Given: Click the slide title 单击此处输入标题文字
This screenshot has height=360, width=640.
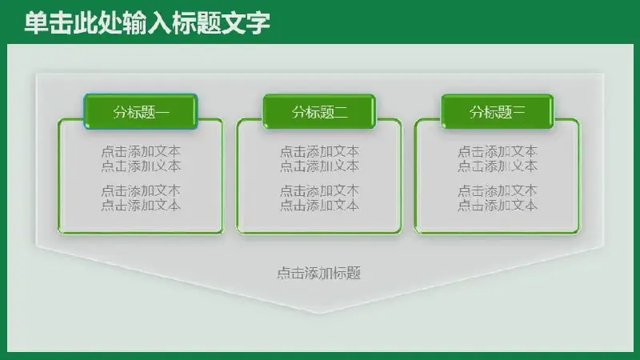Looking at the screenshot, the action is coord(147,23).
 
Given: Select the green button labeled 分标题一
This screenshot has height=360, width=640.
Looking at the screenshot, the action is coord(141,111).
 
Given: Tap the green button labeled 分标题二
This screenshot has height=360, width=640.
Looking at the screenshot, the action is coord(319,111).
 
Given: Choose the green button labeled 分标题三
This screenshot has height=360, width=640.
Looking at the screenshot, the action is coord(497,111).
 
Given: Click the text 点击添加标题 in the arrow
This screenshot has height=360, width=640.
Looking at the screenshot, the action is coord(318,273).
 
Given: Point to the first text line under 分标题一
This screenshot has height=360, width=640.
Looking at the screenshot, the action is coord(141,152).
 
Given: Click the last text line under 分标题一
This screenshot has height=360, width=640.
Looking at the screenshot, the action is coord(141,205).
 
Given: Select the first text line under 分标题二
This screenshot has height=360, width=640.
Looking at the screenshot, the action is coord(319,152).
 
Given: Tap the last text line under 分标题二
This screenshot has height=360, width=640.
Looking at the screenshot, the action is coord(319,205).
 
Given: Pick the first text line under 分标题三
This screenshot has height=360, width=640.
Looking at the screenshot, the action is coord(497,152).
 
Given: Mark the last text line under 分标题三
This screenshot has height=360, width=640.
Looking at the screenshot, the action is coord(497,205).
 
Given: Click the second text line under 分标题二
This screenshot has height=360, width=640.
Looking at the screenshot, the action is coord(319,166).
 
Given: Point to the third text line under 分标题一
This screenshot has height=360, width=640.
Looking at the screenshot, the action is coord(141,190).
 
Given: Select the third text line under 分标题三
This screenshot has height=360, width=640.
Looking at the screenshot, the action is coord(497,190).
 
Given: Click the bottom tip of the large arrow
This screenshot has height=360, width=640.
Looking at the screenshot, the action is coord(320,314).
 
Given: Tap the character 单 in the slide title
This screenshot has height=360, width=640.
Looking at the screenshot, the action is coord(36,23).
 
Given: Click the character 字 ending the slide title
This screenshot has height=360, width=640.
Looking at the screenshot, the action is coord(258,23).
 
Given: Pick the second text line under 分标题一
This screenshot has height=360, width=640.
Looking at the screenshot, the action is coord(141,166).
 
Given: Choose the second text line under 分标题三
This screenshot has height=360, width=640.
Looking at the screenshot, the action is coord(497,166).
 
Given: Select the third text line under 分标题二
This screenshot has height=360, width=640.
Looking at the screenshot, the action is coord(319,190).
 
